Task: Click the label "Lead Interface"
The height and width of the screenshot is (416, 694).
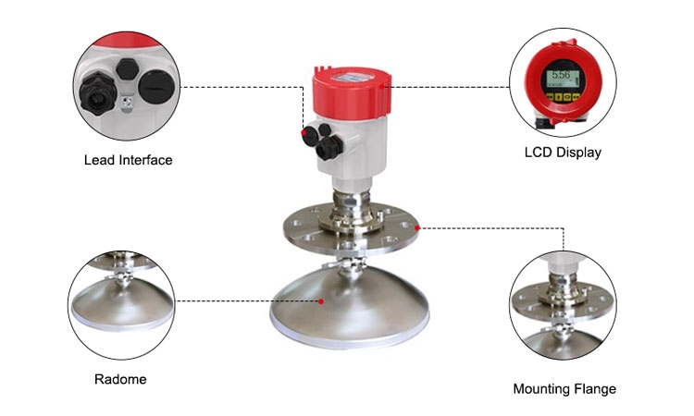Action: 128,160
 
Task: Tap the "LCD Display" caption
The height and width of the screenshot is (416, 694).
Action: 563,153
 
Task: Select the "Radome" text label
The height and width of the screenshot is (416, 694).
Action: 120,379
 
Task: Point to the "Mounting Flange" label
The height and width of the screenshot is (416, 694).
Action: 564,389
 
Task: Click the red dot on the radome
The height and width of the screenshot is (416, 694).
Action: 321,301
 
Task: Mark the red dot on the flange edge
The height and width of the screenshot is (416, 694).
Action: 418,226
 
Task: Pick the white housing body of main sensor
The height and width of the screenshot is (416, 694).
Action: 347,148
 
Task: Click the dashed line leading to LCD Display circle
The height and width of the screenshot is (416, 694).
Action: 444,88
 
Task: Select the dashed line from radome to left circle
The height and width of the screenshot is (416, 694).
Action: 245,301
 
